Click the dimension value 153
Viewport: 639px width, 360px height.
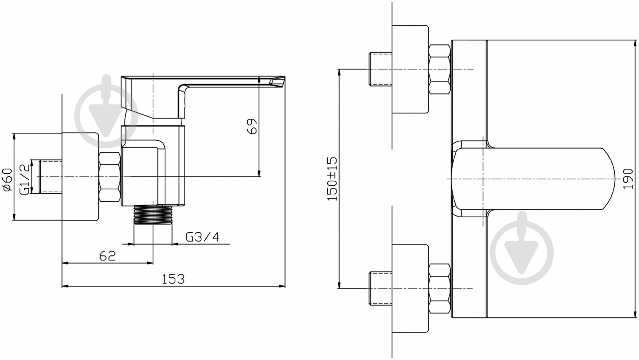[173, 279]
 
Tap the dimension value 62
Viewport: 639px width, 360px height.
[107, 256]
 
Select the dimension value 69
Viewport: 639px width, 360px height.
[252, 126]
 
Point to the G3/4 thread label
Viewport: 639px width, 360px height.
[202, 237]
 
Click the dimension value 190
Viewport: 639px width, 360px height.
[628, 179]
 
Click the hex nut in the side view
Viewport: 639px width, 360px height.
[110, 177]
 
